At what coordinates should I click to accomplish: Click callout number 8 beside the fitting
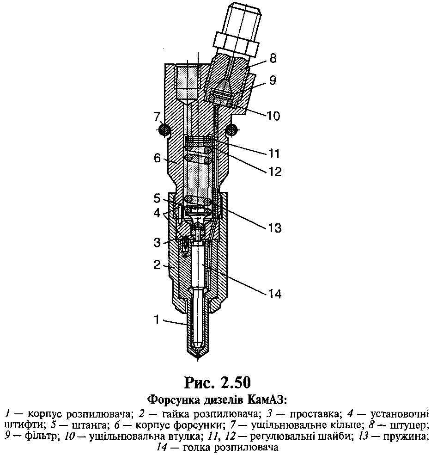coord(273,58)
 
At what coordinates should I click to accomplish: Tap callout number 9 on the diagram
coord(273,80)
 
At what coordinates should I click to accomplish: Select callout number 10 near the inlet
coord(273,116)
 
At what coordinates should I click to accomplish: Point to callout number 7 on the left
coord(157,117)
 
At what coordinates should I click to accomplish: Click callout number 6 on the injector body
coord(157,158)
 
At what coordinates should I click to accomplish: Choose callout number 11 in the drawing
coord(273,154)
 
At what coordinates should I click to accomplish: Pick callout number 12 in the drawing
coord(274,172)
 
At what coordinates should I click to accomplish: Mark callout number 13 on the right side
coord(274,228)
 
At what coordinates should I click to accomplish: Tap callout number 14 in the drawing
coord(274,294)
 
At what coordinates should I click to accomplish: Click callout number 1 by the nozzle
coord(157,320)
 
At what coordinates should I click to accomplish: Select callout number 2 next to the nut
coord(157,264)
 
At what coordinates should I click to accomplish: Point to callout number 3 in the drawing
coord(157,242)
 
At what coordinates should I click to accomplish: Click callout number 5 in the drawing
coord(157,199)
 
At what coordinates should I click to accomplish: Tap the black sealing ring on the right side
coord(232,129)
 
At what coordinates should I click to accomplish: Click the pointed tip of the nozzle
coord(198,360)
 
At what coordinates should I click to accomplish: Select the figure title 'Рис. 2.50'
coord(218,382)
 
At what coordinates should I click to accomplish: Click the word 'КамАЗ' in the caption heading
coord(267,400)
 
